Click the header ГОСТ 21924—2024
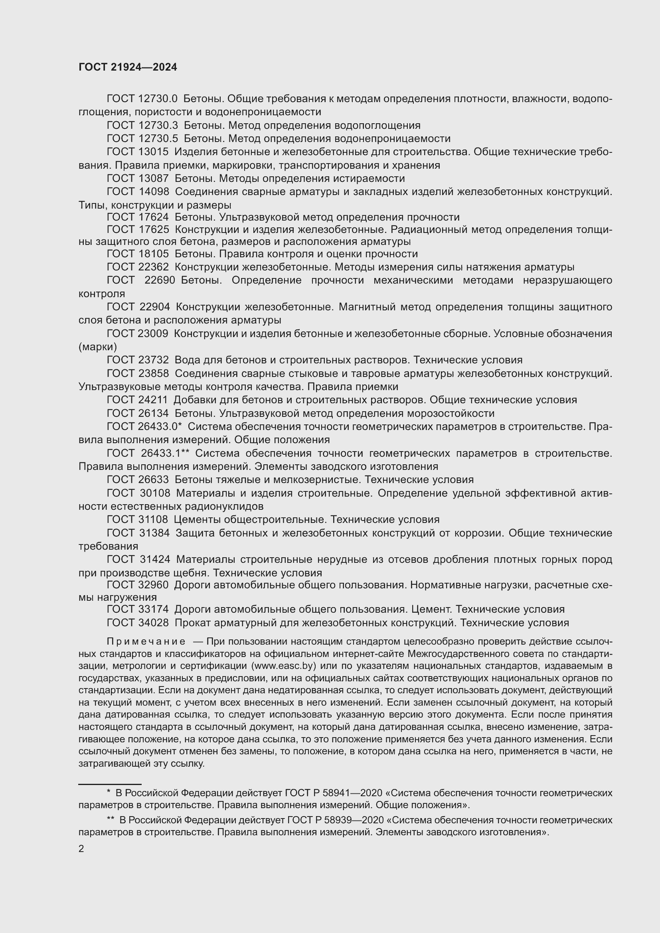128,67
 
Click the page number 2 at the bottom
81,848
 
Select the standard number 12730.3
158,126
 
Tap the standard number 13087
153,179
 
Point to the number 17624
153,217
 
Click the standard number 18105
153,254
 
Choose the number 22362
153,267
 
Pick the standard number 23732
153,360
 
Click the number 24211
153,400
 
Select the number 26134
153,414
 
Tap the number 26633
153,480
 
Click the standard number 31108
153,520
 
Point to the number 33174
153,610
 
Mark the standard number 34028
153,623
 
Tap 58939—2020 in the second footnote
354,821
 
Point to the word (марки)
98,347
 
